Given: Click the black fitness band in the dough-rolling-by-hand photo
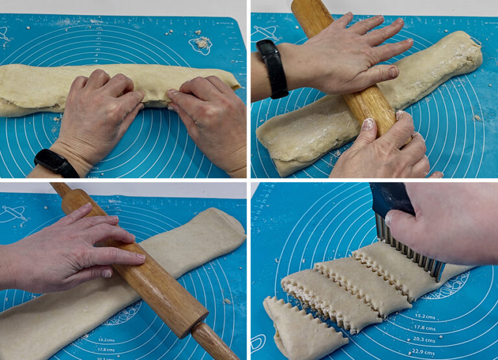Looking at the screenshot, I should point(56,162).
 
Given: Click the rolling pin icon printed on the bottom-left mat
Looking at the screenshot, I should point(15,213).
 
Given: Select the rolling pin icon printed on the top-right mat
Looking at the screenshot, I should point(266,32).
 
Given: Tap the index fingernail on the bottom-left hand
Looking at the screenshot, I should point(139,258).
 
